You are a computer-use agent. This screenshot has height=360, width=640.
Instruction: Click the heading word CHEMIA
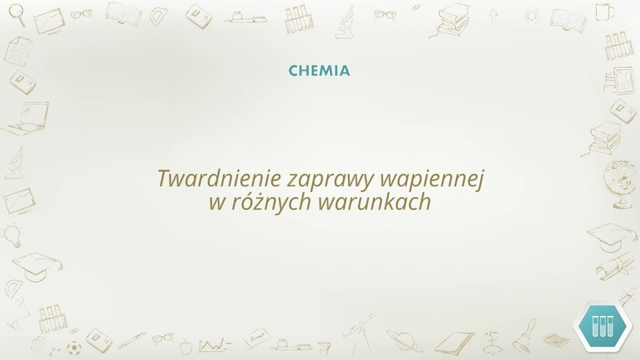coord(319,71)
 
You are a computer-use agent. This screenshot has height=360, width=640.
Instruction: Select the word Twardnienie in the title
coord(219,179)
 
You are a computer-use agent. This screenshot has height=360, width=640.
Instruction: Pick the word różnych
coord(270,201)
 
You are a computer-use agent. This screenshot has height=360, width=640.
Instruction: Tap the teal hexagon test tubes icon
coord(602,325)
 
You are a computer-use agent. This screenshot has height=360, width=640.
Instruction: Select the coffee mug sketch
coord(604,11)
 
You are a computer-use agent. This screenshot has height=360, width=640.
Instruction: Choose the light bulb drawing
coord(13,236)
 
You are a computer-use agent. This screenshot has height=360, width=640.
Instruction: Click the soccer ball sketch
coord(74,348)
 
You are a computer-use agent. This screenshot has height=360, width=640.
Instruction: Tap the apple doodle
coord(186,347)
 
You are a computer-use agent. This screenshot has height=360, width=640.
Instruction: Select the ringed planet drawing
coord(405,339)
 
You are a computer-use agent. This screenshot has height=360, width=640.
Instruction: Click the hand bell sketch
coord(524,337)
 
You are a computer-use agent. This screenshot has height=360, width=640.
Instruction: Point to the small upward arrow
coord(494,15)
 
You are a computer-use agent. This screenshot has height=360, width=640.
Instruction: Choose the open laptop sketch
coord(25,119)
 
